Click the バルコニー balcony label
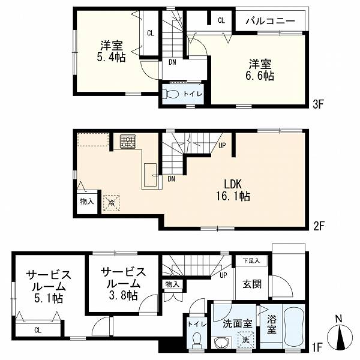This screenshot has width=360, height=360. click(x=271, y=21)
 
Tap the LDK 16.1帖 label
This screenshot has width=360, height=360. click(x=233, y=190)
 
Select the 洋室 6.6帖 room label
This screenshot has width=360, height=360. click(x=260, y=70)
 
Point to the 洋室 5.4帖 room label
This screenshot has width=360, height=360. click(x=112, y=51)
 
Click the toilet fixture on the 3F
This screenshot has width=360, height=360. click(x=170, y=94)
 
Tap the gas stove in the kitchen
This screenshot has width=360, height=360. click(x=128, y=142)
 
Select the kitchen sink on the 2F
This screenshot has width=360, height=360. click(x=150, y=175)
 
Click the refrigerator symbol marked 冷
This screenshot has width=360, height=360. click(x=111, y=203)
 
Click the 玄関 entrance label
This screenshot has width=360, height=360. click(x=252, y=284)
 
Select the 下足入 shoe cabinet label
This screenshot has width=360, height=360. click(x=251, y=260)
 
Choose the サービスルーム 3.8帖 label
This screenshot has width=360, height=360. click(x=123, y=284)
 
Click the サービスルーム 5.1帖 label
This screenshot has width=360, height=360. click(x=48, y=287)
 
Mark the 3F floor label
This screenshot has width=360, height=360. click(x=318, y=104)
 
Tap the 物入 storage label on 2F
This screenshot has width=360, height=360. click(x=87, y=202)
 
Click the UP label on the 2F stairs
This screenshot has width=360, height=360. click(x=222, y=145)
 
